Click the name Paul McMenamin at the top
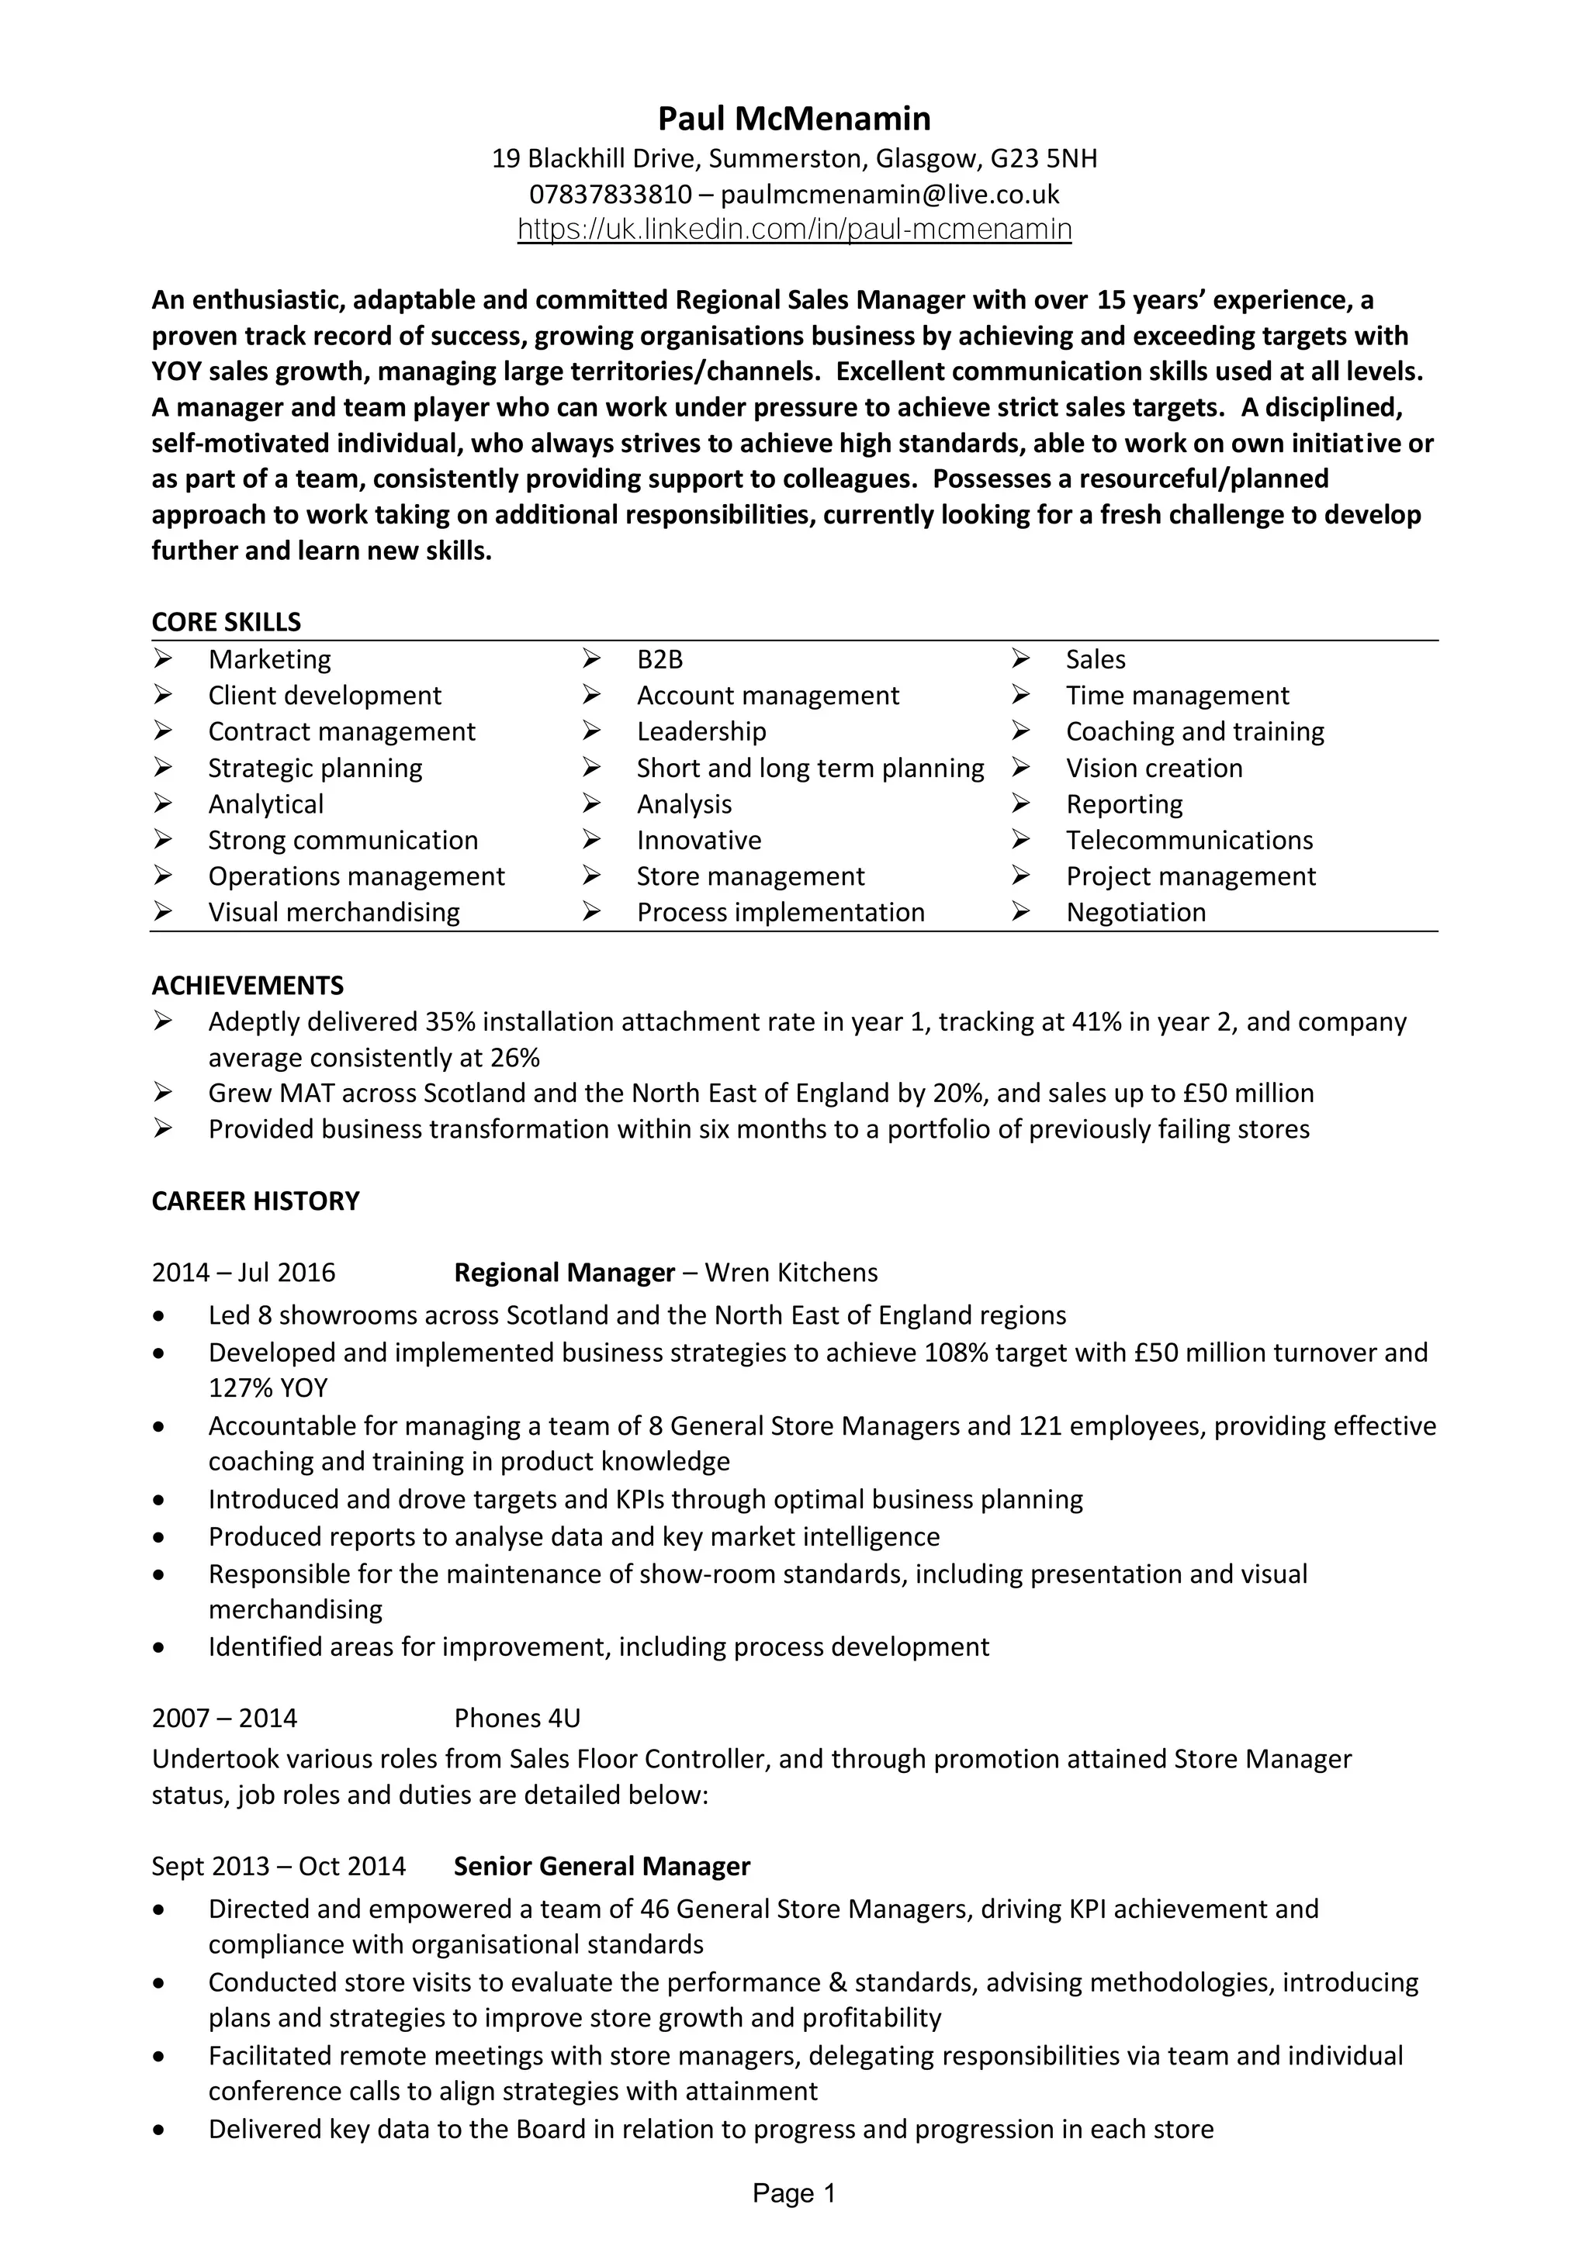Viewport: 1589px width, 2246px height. click(794, 119)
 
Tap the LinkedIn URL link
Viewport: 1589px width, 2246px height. click(794, 230)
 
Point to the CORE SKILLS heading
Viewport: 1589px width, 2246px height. click(226, 622)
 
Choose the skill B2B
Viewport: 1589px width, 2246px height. click(659, 659)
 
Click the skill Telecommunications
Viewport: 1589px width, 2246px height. click(1189, 840)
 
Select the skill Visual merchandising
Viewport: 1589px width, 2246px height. click(334, 913)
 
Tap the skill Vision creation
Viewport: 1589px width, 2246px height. click(1154, 768)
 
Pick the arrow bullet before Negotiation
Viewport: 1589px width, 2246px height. click(1020, 913)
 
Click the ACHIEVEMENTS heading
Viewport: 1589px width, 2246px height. click(248, 985)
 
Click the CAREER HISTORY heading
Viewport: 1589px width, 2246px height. click(255, 1201)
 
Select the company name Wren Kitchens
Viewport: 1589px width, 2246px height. click(791, 1273)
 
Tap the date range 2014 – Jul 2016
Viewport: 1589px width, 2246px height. click(244, 1273)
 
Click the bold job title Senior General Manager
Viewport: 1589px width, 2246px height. click(602, 1867)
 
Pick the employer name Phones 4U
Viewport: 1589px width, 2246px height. click(517, 1719)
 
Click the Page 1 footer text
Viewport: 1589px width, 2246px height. click(794, 2194)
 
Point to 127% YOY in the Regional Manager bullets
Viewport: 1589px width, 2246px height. click(268, 1388)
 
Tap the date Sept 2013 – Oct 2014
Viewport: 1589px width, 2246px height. click(278, 1867)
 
